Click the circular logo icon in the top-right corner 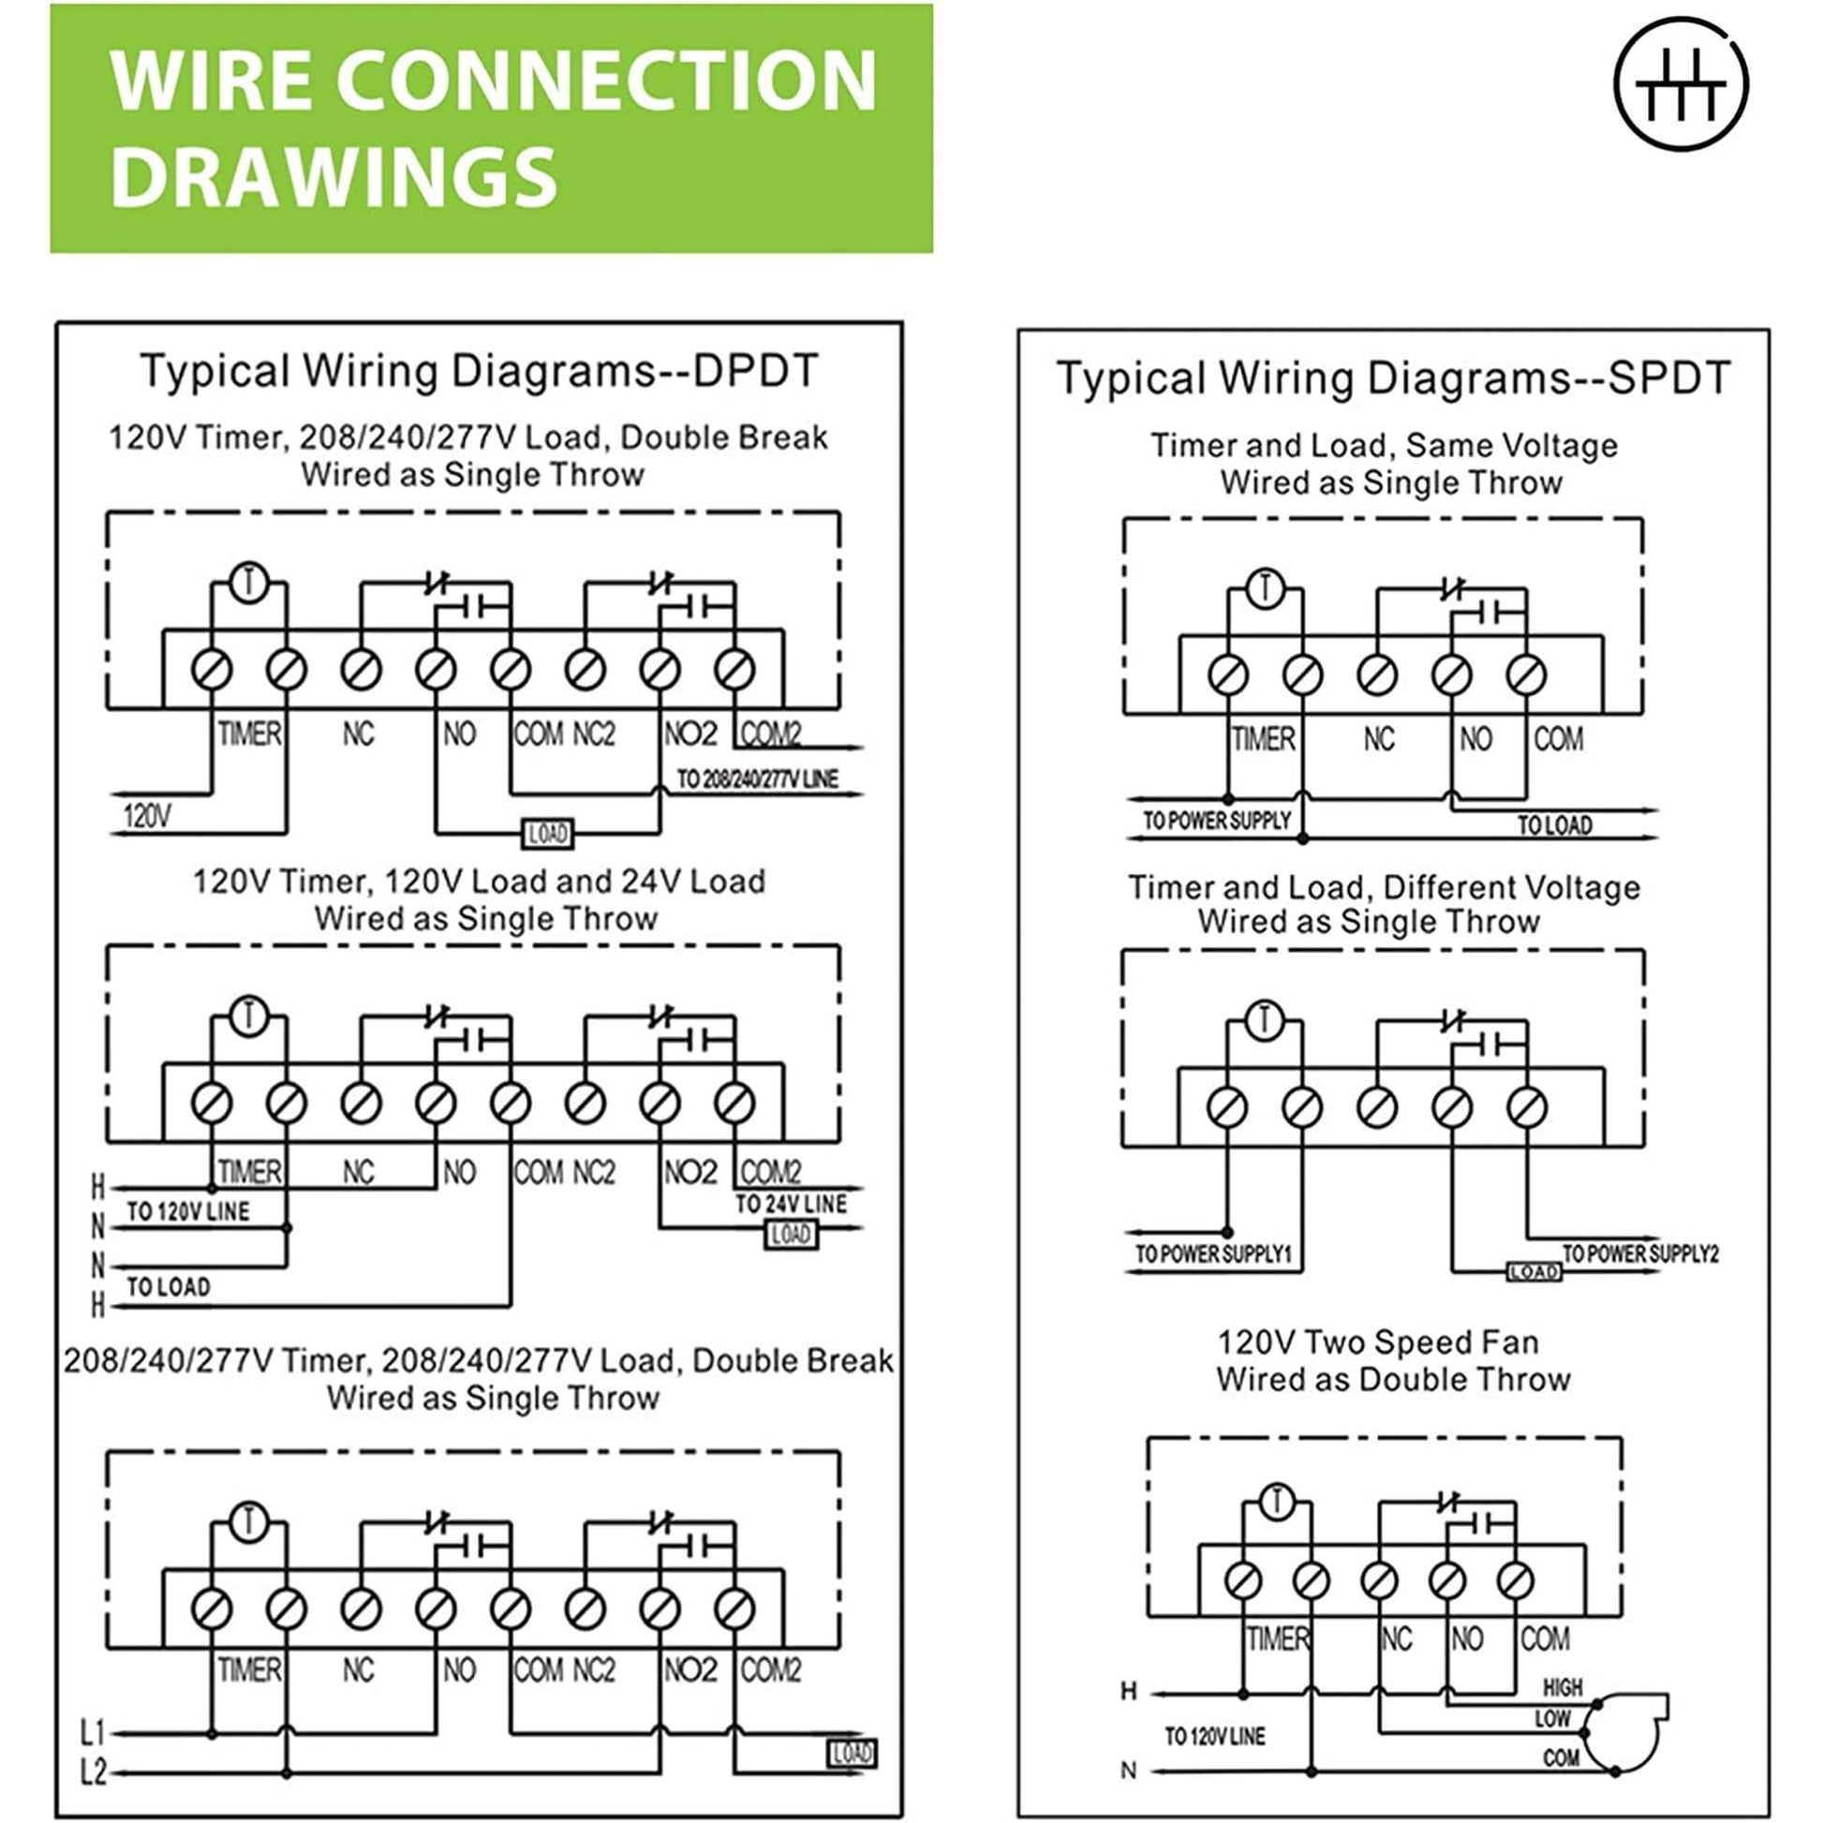pyautogui.click(x=1681, y=84)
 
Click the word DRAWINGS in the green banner pyautogui.click(x=334, y=177)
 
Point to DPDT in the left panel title pyautogui.click(x=755, y=371)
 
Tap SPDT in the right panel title pyautogui.click(x=1669, y=378)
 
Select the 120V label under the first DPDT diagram pyautogui.click(x=147, y=815)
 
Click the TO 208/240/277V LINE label pyautogui.click(x=757, y=779)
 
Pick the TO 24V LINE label pyautogui.click(x=791, y=1204)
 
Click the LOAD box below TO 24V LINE pyautogui.click(x=791, y=1234)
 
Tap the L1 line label pyautogui.click(x=93, y=1732)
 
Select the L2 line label pyautogui.click(x=93, y=1773)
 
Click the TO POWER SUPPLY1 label pyautogui.click(x=1212, y=1254)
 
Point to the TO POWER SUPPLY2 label pyautogui.click(x=1640, y=1254)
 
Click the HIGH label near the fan pyautogui.click(x=1563, y=1687)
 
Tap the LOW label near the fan pyautogui.click(x=1552, y=1718)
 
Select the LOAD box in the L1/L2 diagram pyautogui.click(x=852, y=1753)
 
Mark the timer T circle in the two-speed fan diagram pyautogui.click(x=1277, y=1501)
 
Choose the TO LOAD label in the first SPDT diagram pyautogui.click(x=1554, y=825)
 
